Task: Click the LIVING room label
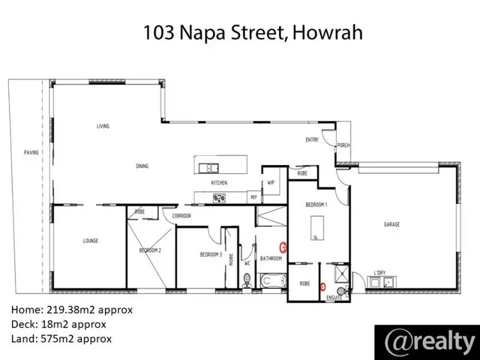pos(102,126)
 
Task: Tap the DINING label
pos(141,166)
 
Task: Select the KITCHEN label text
pos(219,183)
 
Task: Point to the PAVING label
pos(31,152)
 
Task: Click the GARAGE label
pos(391,224)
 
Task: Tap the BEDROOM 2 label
pos(150,250)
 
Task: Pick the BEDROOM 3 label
pos(211,254)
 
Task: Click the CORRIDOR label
pos(181,216)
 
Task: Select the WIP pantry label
pos(270,182)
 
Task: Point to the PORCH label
pos(343,145)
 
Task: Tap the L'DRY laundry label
pos(380,273)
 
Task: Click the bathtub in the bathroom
pos(271,280)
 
